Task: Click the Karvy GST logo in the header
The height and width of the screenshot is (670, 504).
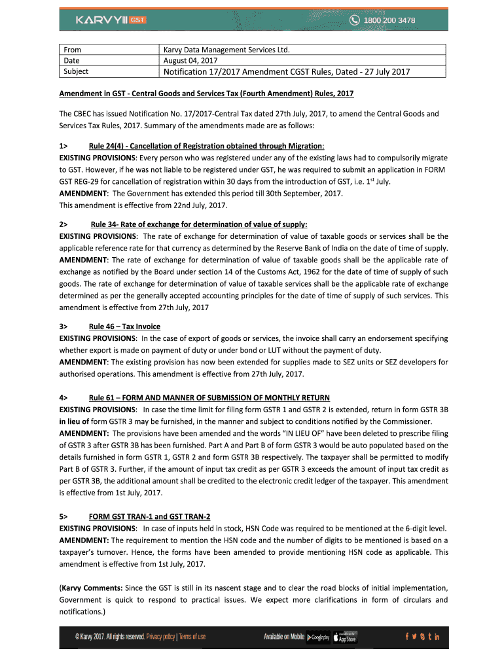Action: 111,20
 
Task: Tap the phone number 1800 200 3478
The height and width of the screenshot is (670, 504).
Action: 389,20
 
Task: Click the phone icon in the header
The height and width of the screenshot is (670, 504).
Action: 354,20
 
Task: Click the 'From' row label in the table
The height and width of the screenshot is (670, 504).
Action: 72,50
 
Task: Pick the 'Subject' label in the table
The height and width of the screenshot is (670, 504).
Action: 76,71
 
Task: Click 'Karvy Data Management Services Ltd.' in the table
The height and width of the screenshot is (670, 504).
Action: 226,50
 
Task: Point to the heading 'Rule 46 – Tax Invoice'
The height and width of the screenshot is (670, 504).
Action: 124,326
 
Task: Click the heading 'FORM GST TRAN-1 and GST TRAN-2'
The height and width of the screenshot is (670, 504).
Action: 149,516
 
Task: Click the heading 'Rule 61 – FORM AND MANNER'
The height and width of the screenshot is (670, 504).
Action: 209,398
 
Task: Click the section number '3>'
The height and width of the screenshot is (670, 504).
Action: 63,326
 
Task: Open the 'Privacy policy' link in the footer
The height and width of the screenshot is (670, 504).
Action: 160,637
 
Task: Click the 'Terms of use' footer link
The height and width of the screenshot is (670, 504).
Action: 192,637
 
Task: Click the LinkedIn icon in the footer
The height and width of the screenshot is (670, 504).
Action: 437,637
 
